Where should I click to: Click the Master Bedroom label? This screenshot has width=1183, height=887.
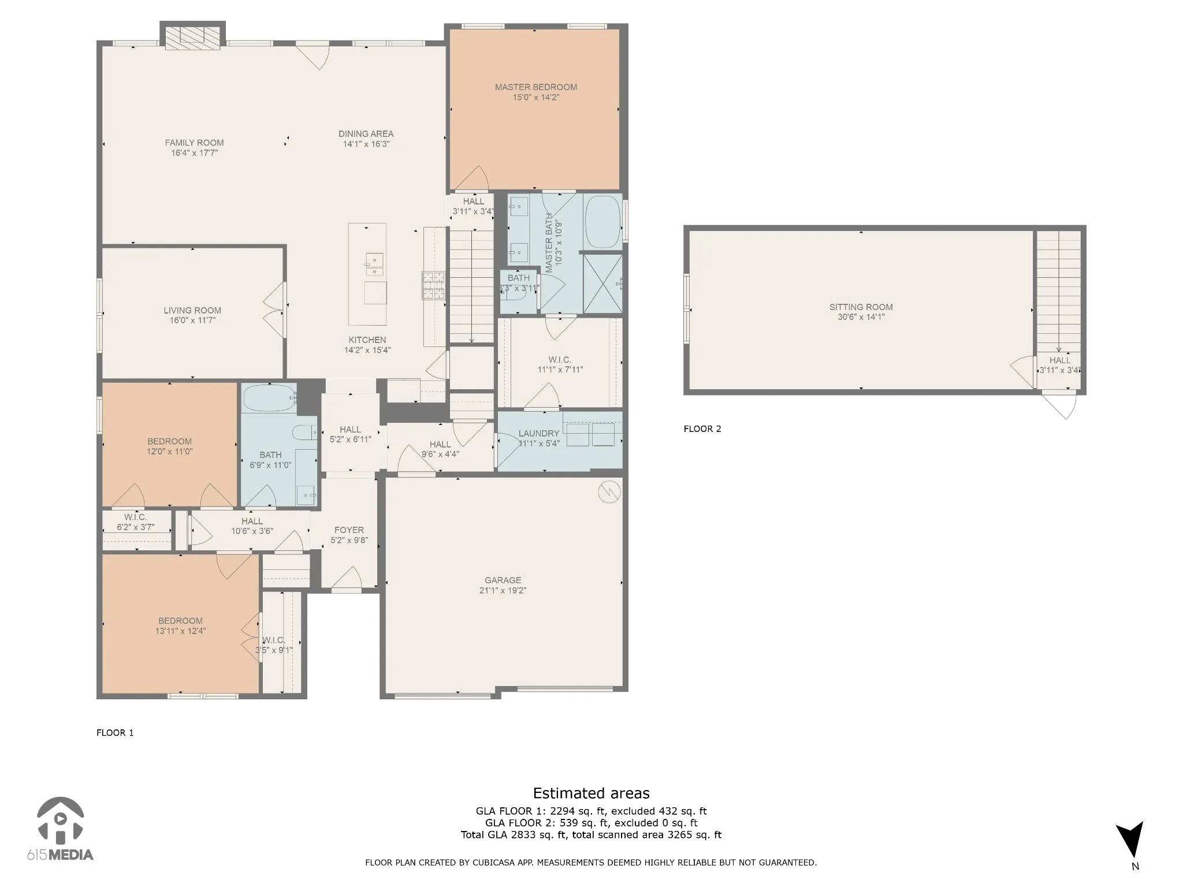pos(535,87)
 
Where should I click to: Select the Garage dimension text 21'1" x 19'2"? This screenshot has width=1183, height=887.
pos(503,590)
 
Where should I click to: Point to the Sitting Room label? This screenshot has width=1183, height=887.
pos(861,307)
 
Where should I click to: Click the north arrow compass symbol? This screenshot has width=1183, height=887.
pos(1129,847)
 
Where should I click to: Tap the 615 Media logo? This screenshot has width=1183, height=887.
pos(60,829)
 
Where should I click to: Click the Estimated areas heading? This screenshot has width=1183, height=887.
pos(591,793)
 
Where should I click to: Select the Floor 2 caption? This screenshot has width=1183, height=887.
pos(702,428)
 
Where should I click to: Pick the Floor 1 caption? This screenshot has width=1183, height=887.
pos(115,733)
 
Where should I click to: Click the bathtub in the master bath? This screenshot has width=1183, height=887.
pos(602,222)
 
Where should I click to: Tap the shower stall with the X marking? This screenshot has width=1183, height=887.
pos(602,284)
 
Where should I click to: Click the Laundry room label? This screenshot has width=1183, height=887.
pos(539,434)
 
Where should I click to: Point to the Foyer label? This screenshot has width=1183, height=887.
pos(349,530)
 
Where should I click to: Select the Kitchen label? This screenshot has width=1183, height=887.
pos(367,340)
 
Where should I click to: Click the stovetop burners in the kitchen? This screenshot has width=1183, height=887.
pos(433,285)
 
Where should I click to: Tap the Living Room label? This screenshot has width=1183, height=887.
pos(192,311)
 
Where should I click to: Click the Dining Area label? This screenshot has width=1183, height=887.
pos(366,134)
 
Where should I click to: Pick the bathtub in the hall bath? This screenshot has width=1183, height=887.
pos(269,398)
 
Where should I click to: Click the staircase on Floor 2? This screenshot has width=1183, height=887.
pos(1058,292)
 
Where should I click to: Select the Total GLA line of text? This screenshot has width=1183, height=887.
pos(591,834)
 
